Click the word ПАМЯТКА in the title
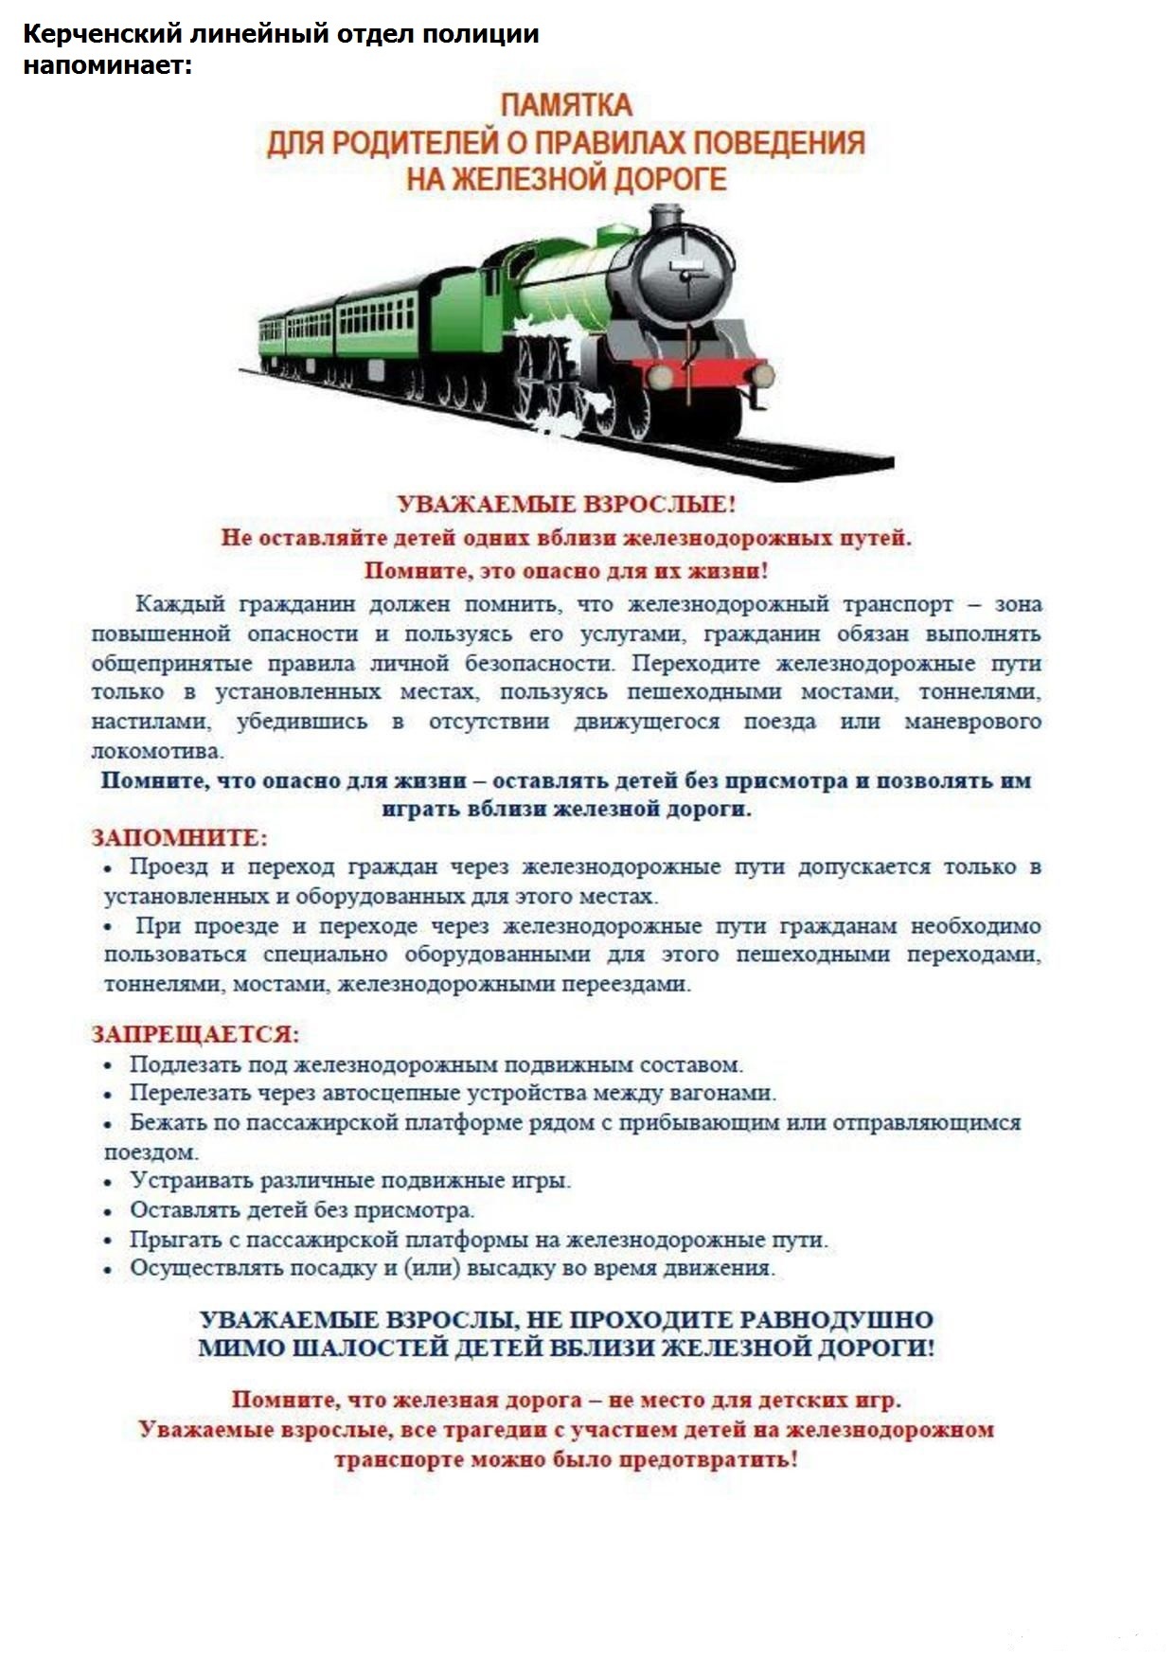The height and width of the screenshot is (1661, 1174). click(566, 105)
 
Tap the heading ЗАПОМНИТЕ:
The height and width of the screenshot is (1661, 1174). click(179, 838)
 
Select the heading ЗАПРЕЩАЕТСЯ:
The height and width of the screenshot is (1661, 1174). click(195, 1034)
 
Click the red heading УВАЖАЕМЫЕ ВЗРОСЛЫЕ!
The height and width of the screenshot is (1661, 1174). click(566, 504)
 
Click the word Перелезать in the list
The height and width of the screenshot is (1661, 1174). click(190, 1094)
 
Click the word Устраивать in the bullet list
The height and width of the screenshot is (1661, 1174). click(189, 1181)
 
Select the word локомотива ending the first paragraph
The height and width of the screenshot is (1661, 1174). click(156, 752)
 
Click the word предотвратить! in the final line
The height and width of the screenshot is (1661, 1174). click(708, 1459)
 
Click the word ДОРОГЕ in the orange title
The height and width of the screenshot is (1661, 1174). click(671, 179)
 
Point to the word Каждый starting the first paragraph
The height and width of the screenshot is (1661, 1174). click(179, 604)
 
